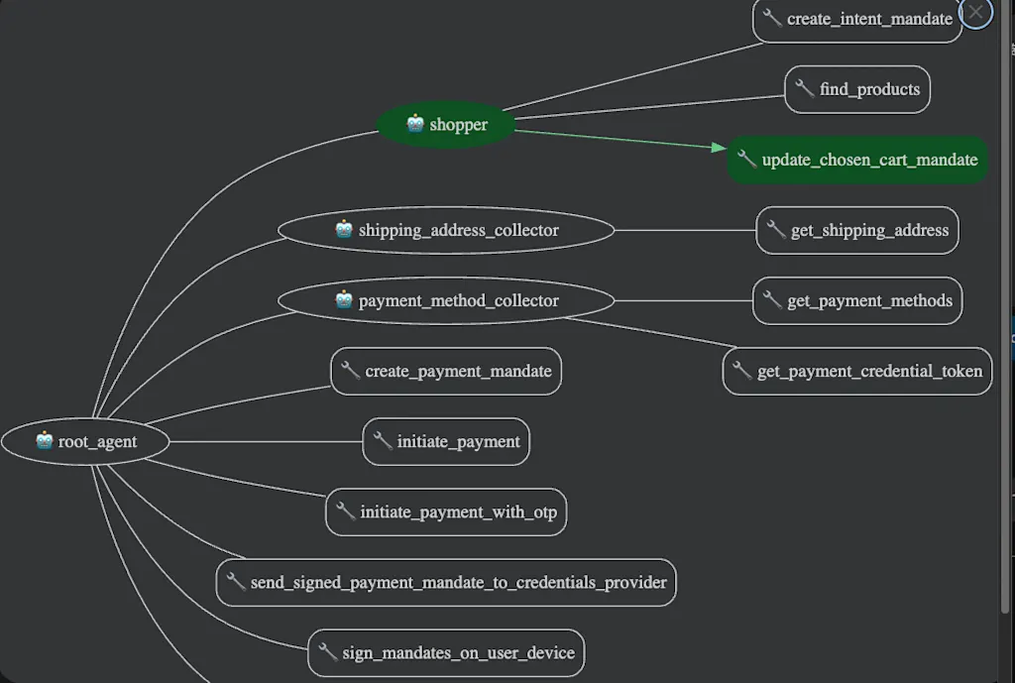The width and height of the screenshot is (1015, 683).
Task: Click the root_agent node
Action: pos(85,441)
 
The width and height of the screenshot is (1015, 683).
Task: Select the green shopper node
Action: pos(446,124)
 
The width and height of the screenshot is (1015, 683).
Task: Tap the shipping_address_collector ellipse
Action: pos(446,230)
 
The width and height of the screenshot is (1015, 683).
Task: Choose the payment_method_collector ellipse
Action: pos(446,300)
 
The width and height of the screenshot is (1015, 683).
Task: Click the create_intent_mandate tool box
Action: pos(857,20)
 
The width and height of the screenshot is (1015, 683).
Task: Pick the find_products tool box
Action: pos(857,89)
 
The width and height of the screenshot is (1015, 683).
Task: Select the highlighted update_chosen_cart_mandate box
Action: pos(857,160)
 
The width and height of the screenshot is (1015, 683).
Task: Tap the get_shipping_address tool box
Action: pos(857,230)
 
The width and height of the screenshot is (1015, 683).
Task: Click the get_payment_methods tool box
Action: pos(857,300)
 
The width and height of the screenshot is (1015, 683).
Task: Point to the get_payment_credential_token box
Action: pos(857,371)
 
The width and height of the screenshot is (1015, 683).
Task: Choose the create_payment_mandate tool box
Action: pos(446,371)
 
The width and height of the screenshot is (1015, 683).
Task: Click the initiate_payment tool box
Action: pos(446,441)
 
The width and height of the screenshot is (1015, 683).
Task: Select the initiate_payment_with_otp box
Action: pos(446,512)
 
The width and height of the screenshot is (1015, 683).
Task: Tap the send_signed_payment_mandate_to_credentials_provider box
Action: pos(446,583)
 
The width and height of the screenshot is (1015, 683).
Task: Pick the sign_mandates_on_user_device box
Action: pos(446,652)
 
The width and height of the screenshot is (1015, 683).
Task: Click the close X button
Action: pos(975,12)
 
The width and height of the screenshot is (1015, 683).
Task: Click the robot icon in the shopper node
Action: pos(415,122)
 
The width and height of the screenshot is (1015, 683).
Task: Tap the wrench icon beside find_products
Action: pos(804,87)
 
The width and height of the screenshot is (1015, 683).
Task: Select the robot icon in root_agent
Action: pos(44,439)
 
